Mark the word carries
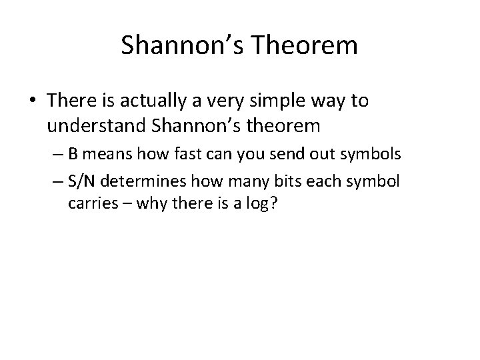pos(89,204)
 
